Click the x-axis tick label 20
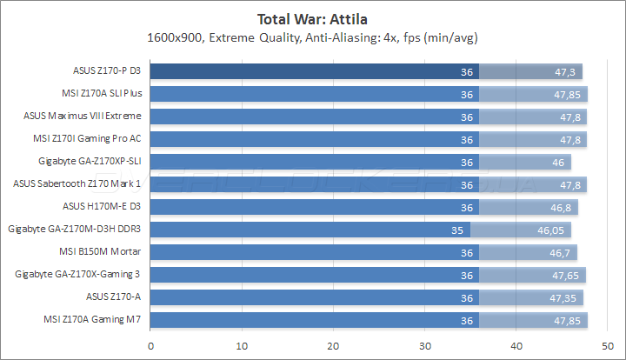pyautogui.click(x=332, y=346)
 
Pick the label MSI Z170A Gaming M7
pyautogui.click(x=92, y=320)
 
